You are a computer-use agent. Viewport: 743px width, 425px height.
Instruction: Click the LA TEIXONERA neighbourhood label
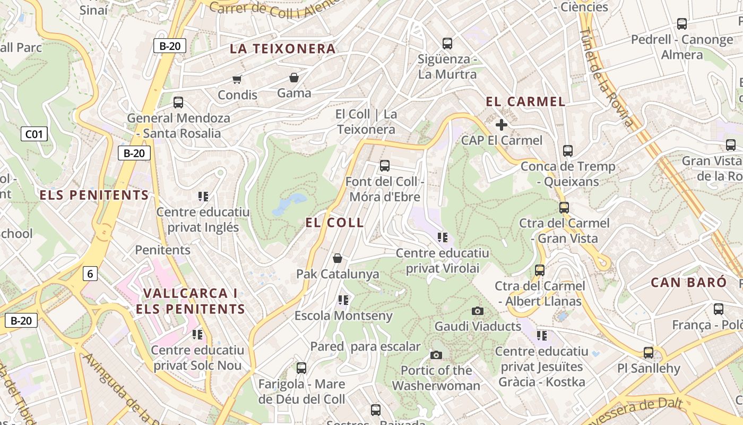click(282, 49)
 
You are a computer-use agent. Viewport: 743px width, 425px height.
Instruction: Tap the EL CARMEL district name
click(525, 101)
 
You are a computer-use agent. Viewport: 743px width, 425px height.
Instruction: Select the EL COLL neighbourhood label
click(335, 223)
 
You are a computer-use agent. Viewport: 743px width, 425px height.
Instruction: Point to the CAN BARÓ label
click(689, 282)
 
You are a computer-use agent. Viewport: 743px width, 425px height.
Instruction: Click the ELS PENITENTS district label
click(94, 195)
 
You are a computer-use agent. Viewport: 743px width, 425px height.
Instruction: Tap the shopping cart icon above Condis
click(237, 80)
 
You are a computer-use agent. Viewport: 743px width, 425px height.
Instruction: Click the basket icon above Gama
click(294, 78)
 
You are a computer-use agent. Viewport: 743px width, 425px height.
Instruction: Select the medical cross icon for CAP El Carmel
click(501, 125)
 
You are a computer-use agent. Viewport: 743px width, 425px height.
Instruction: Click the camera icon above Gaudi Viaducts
click(478, 311)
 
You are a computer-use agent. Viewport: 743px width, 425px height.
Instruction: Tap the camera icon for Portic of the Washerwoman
click(436, 355)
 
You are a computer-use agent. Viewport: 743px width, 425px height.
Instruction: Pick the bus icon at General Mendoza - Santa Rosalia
click(178, 103)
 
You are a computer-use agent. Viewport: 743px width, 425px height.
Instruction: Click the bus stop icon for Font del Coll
click(385, 166)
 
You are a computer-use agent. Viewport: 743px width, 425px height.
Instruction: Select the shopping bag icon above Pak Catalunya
click(337, 259)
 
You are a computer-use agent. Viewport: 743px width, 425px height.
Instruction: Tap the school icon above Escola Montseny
click(343, 300)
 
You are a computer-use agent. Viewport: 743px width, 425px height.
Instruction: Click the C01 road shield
click(34, 134)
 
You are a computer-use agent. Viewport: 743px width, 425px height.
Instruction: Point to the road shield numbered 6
click(90, 274)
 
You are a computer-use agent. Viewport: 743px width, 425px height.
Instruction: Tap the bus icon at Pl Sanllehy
click(648, 352)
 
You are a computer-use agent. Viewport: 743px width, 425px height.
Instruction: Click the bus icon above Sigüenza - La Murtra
click(447, 44)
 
